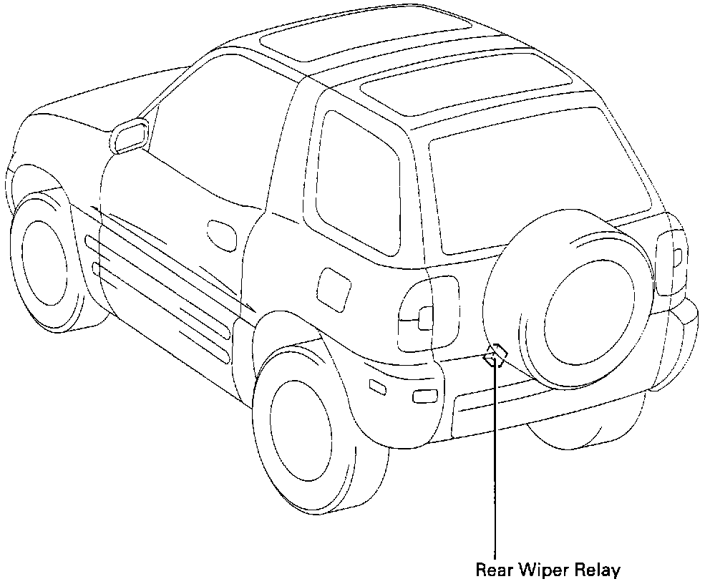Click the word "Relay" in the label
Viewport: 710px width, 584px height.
click(x=596, y=570)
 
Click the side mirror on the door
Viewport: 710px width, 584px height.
click(x=130, y=136)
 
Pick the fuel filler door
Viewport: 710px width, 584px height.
click(x=333, y=288)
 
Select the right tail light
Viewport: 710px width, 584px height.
click(x=670, y=262)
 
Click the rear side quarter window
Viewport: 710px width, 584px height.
click(x=358, y=182)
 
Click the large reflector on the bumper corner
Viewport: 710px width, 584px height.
click(x=425, y=396)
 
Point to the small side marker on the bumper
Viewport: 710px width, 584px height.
click(x=376, y=387)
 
